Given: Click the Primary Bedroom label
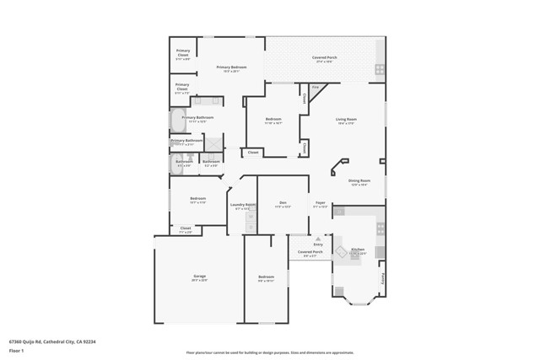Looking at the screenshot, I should tap(230, 67).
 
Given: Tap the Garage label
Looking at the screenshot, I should tap(200, 277).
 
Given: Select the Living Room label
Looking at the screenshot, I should tap(347, 120).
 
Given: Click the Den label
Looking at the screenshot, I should tap(283, 203).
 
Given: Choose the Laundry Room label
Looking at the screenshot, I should tap(243, 204).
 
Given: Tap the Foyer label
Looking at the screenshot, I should tap(321, 203).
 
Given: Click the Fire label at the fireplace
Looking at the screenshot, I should tap(316, 87).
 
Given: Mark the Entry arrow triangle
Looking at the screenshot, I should tap(318, 239).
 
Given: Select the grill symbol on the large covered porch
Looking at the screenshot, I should tap(380, 69).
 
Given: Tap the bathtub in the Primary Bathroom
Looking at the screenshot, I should tap(177, 122).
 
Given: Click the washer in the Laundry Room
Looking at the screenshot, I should tap(250, 218).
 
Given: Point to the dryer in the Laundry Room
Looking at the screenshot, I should tap(250, 227).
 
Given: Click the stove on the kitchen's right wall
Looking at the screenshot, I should tap(381, 228).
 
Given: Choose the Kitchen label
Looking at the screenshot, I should tap(358, 250).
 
